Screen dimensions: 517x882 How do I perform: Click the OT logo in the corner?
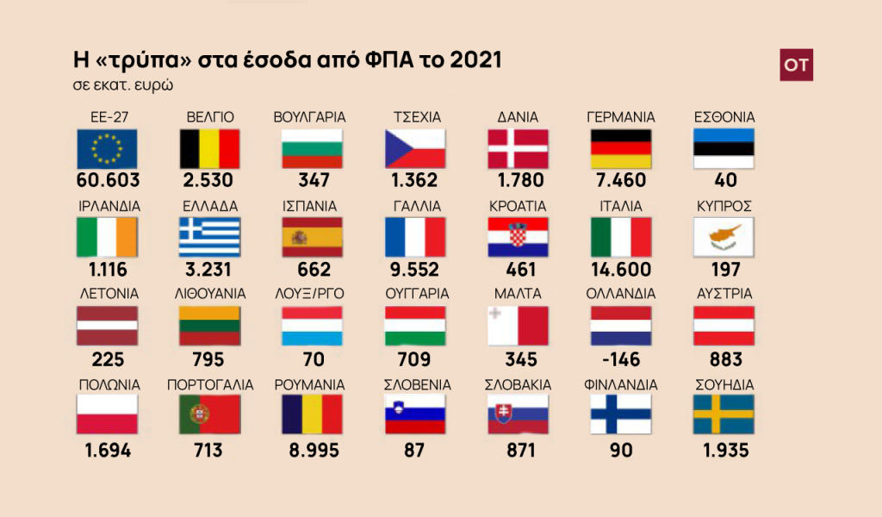tap(796, 65)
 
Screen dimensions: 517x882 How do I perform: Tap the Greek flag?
tap(209, 236)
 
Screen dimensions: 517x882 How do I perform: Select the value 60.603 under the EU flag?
tap(107, 181)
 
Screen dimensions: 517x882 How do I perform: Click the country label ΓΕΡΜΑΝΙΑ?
tap(620, 117)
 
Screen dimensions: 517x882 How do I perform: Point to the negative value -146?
tap(620, 359)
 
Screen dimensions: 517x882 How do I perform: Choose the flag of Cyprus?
tap(724, 236)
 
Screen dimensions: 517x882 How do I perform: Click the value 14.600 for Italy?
tap(620, 270)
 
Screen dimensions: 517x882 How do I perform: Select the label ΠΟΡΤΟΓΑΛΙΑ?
tap(210, 384)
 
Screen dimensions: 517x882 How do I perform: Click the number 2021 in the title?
tap(472, 62)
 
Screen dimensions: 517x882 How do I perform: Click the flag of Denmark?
tap(518, 148)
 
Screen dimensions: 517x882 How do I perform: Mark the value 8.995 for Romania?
tap(311, 450)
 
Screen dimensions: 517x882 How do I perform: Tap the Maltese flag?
tap(518, 326)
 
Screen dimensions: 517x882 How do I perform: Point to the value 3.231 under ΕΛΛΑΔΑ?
tap(209, 270)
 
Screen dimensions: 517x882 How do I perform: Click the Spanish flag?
tap(313, 236)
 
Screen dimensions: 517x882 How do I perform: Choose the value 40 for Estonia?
tap(724, 181)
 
